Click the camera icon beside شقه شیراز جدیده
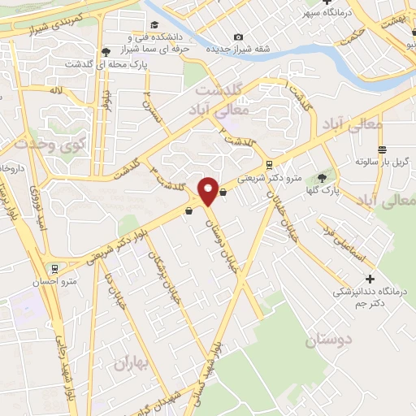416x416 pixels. [x=238, y=37]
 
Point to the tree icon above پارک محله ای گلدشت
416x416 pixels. [x=106, y=52]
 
